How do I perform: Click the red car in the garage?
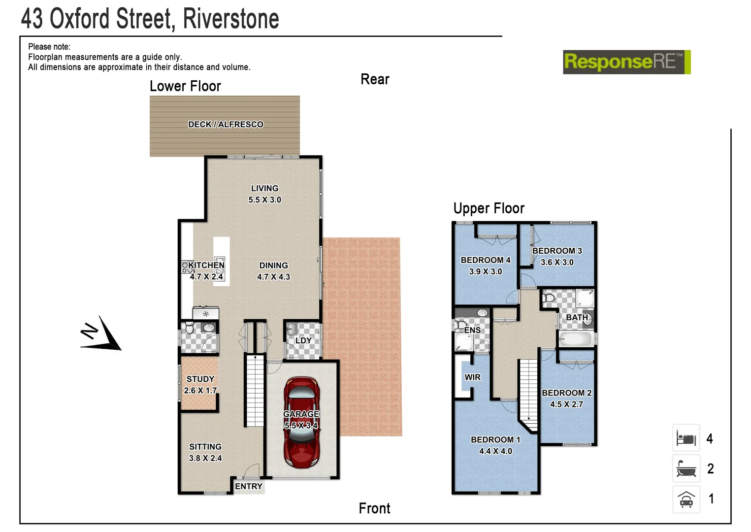pyautogui.click(x=301, y=423)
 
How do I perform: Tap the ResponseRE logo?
pyautogui.click(x=626, y=62)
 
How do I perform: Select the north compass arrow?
pyautogui.click(x=102, y=334)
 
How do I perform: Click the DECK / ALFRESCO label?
pyautogui.click(x=226, y=125)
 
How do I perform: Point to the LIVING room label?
pyautogui.click(x=264, y=188)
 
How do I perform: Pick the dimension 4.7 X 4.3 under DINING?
pyautogui.click(x=273, y=277)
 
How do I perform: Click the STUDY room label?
pyautogui.click(x=200, y=379)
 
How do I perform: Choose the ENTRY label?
pyautogui.click(x=249, y=486)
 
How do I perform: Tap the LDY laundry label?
pyautogui.click(x=303, y=340)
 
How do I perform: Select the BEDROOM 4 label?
pyautogui.click(x=486, y=260)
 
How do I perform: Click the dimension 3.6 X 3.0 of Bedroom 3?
pyautogui.click(x=557, y=263)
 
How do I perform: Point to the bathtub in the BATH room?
pyautogui.click(x=575, y=339)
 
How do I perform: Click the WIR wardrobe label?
pyautogui.click(x=472, y=377)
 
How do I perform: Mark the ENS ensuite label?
pyautogui.click(x=472, y=330)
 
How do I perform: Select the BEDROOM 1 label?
pyautogui.click(x=495, y=439)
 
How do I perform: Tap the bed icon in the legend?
pyautogui.click(x=686, y=438)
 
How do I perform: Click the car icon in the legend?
pyautogui.click(x=686, y=499)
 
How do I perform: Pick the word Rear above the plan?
pyautogui.click(x=375, y=79)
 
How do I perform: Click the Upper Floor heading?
pyautogui.click(x=489, y=208)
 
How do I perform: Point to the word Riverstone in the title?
pyautogui.click(x=231, y=19)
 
